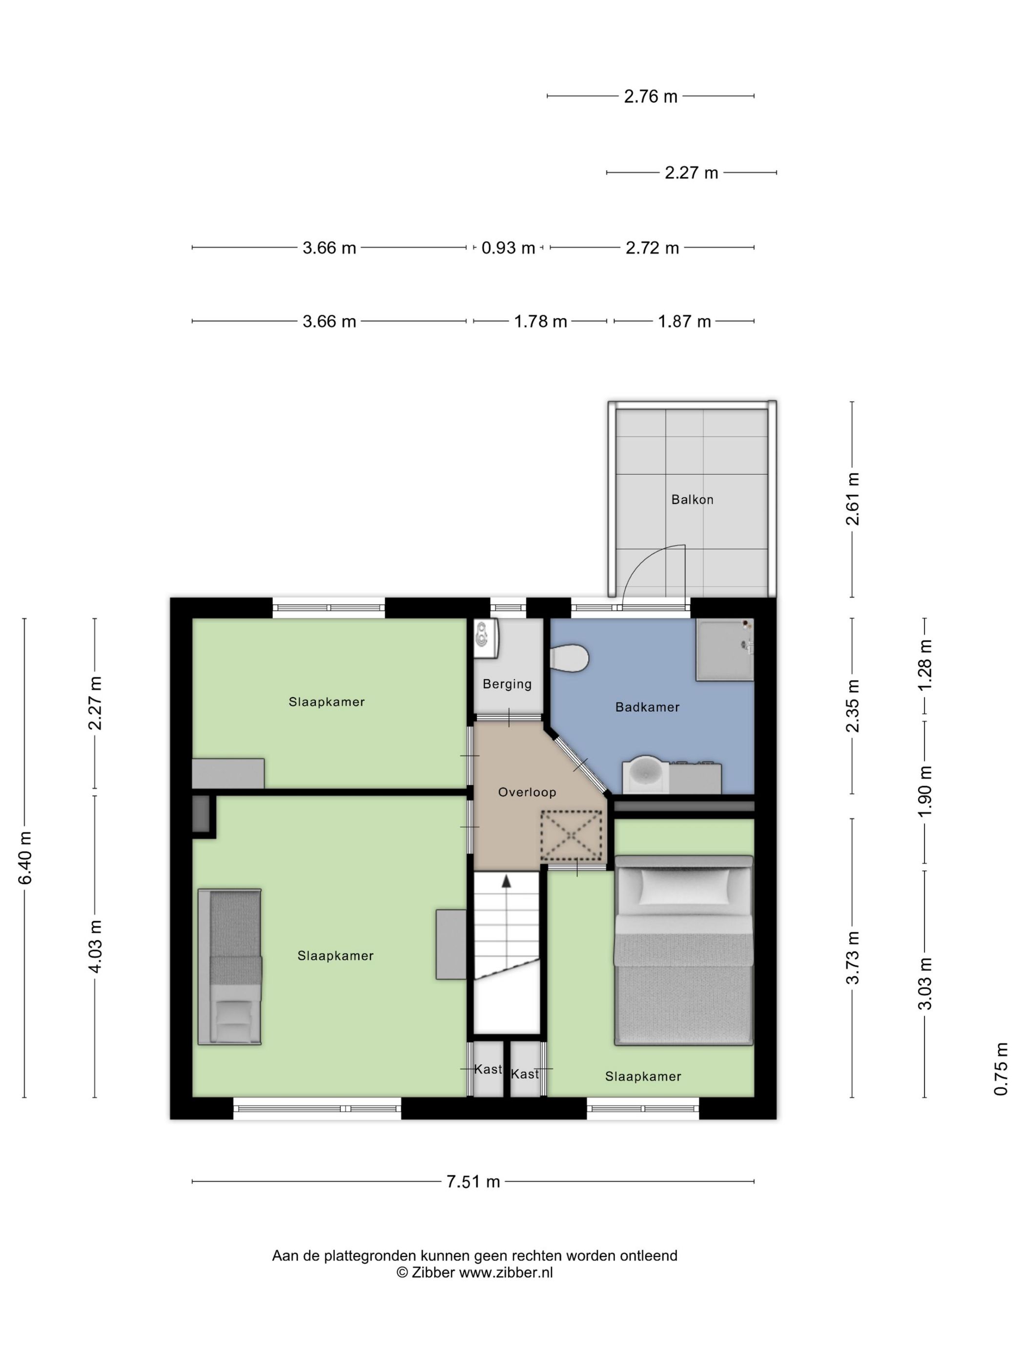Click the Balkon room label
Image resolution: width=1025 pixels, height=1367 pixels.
click(692, 499)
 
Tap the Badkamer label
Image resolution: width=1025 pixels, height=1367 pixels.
click(647, 707)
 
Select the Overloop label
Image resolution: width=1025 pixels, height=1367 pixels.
click(527, 792)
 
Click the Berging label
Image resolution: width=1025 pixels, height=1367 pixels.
click(507, 684)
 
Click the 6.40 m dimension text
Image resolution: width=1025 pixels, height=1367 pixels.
click(25, 858)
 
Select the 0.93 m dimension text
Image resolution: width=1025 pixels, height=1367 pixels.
click(508, 248)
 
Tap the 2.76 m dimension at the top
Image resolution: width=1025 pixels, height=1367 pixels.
click(651, 96)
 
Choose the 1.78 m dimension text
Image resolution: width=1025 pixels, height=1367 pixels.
click(541, 321)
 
